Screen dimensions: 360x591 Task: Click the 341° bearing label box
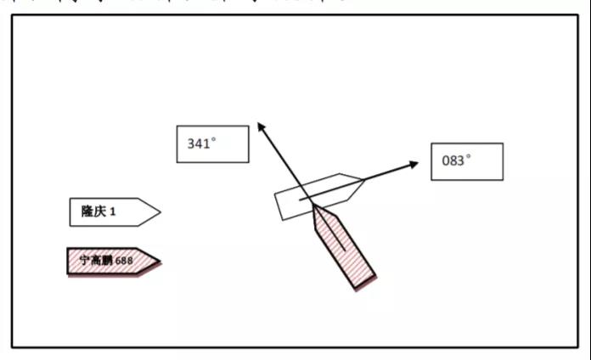[212, 144]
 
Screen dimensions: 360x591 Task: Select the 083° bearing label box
[466, 161]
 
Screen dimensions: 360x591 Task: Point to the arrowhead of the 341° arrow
[259, 126]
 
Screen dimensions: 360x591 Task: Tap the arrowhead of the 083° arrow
[414, 163]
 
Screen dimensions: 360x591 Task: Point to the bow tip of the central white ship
[363, 180]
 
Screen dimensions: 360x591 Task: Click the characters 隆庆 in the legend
[92, 212]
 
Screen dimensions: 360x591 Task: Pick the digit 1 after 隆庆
[112, 212]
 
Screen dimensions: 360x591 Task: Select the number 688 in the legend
[125, 261]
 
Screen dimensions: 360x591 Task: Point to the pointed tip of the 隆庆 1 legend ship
[160, 212]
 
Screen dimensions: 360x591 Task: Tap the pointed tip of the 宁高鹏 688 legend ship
[160, 261]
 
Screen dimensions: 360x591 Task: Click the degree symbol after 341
[212, 140]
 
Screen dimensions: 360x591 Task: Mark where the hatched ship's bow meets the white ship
[313, 206]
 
